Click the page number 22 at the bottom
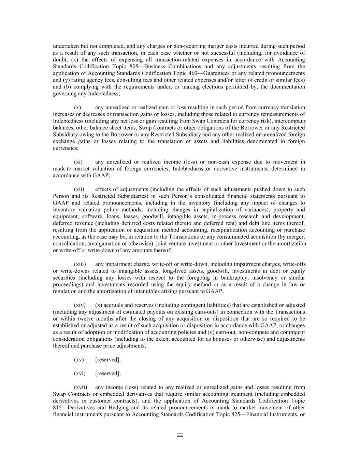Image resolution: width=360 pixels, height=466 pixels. click(180, 435)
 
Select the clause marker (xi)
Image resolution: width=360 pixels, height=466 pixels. click(78, 162)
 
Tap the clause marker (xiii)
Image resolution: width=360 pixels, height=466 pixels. click(80, 264)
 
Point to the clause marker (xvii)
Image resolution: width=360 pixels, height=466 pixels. click(81, 387)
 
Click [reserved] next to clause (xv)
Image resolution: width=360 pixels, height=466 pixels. click(108, 360)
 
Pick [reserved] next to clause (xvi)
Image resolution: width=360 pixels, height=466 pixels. click(108, 373)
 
